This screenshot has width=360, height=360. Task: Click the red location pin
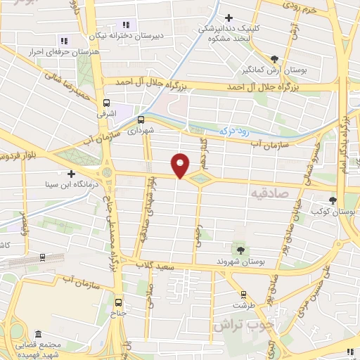[181, 165]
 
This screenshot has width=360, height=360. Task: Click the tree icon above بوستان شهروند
[241, 250]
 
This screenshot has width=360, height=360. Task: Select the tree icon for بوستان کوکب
[333, 200]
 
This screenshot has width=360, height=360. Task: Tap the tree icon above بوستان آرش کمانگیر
[274, 59]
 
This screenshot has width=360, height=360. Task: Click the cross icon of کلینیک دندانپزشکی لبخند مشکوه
[227, 18]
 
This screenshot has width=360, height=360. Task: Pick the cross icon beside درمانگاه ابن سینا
[70, 174]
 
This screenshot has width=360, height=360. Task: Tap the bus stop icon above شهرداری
[141, 120]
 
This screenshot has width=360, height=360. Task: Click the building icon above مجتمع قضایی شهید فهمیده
[38, 334]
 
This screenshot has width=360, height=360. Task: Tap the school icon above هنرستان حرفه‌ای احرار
[64, 41]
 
